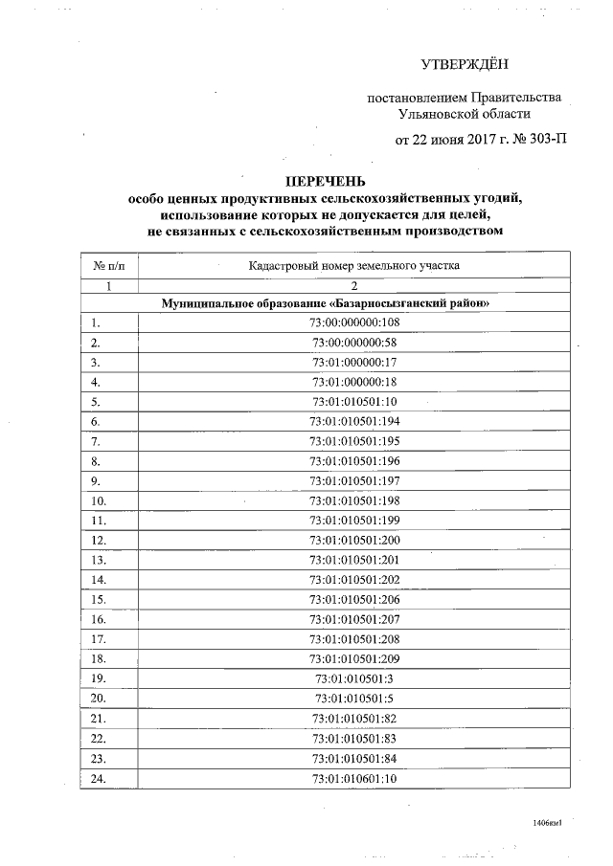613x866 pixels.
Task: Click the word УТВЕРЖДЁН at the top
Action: coord(465,65)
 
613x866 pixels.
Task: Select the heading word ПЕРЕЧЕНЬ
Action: coord(326,181)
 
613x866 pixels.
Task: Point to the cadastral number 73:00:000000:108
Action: coord(354,322)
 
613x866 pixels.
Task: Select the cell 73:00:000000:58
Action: coord(354,342)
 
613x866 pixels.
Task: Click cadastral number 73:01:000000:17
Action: coord(354,362)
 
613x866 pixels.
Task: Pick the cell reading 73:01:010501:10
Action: coord(354,401)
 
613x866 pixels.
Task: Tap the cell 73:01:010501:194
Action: coord(354,421)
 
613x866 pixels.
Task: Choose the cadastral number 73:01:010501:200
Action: coord(354,540)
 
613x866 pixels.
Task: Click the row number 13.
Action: coord(99,560)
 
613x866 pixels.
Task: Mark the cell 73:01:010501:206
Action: coord(354,599)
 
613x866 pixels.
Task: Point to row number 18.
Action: coord(99,658)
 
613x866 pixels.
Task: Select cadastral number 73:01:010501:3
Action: coord(354,678)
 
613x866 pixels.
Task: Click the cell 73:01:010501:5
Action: coord(354,699)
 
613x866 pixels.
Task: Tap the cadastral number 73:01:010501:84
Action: coord(354,758)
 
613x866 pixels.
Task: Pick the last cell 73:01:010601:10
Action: coord(354,778)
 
